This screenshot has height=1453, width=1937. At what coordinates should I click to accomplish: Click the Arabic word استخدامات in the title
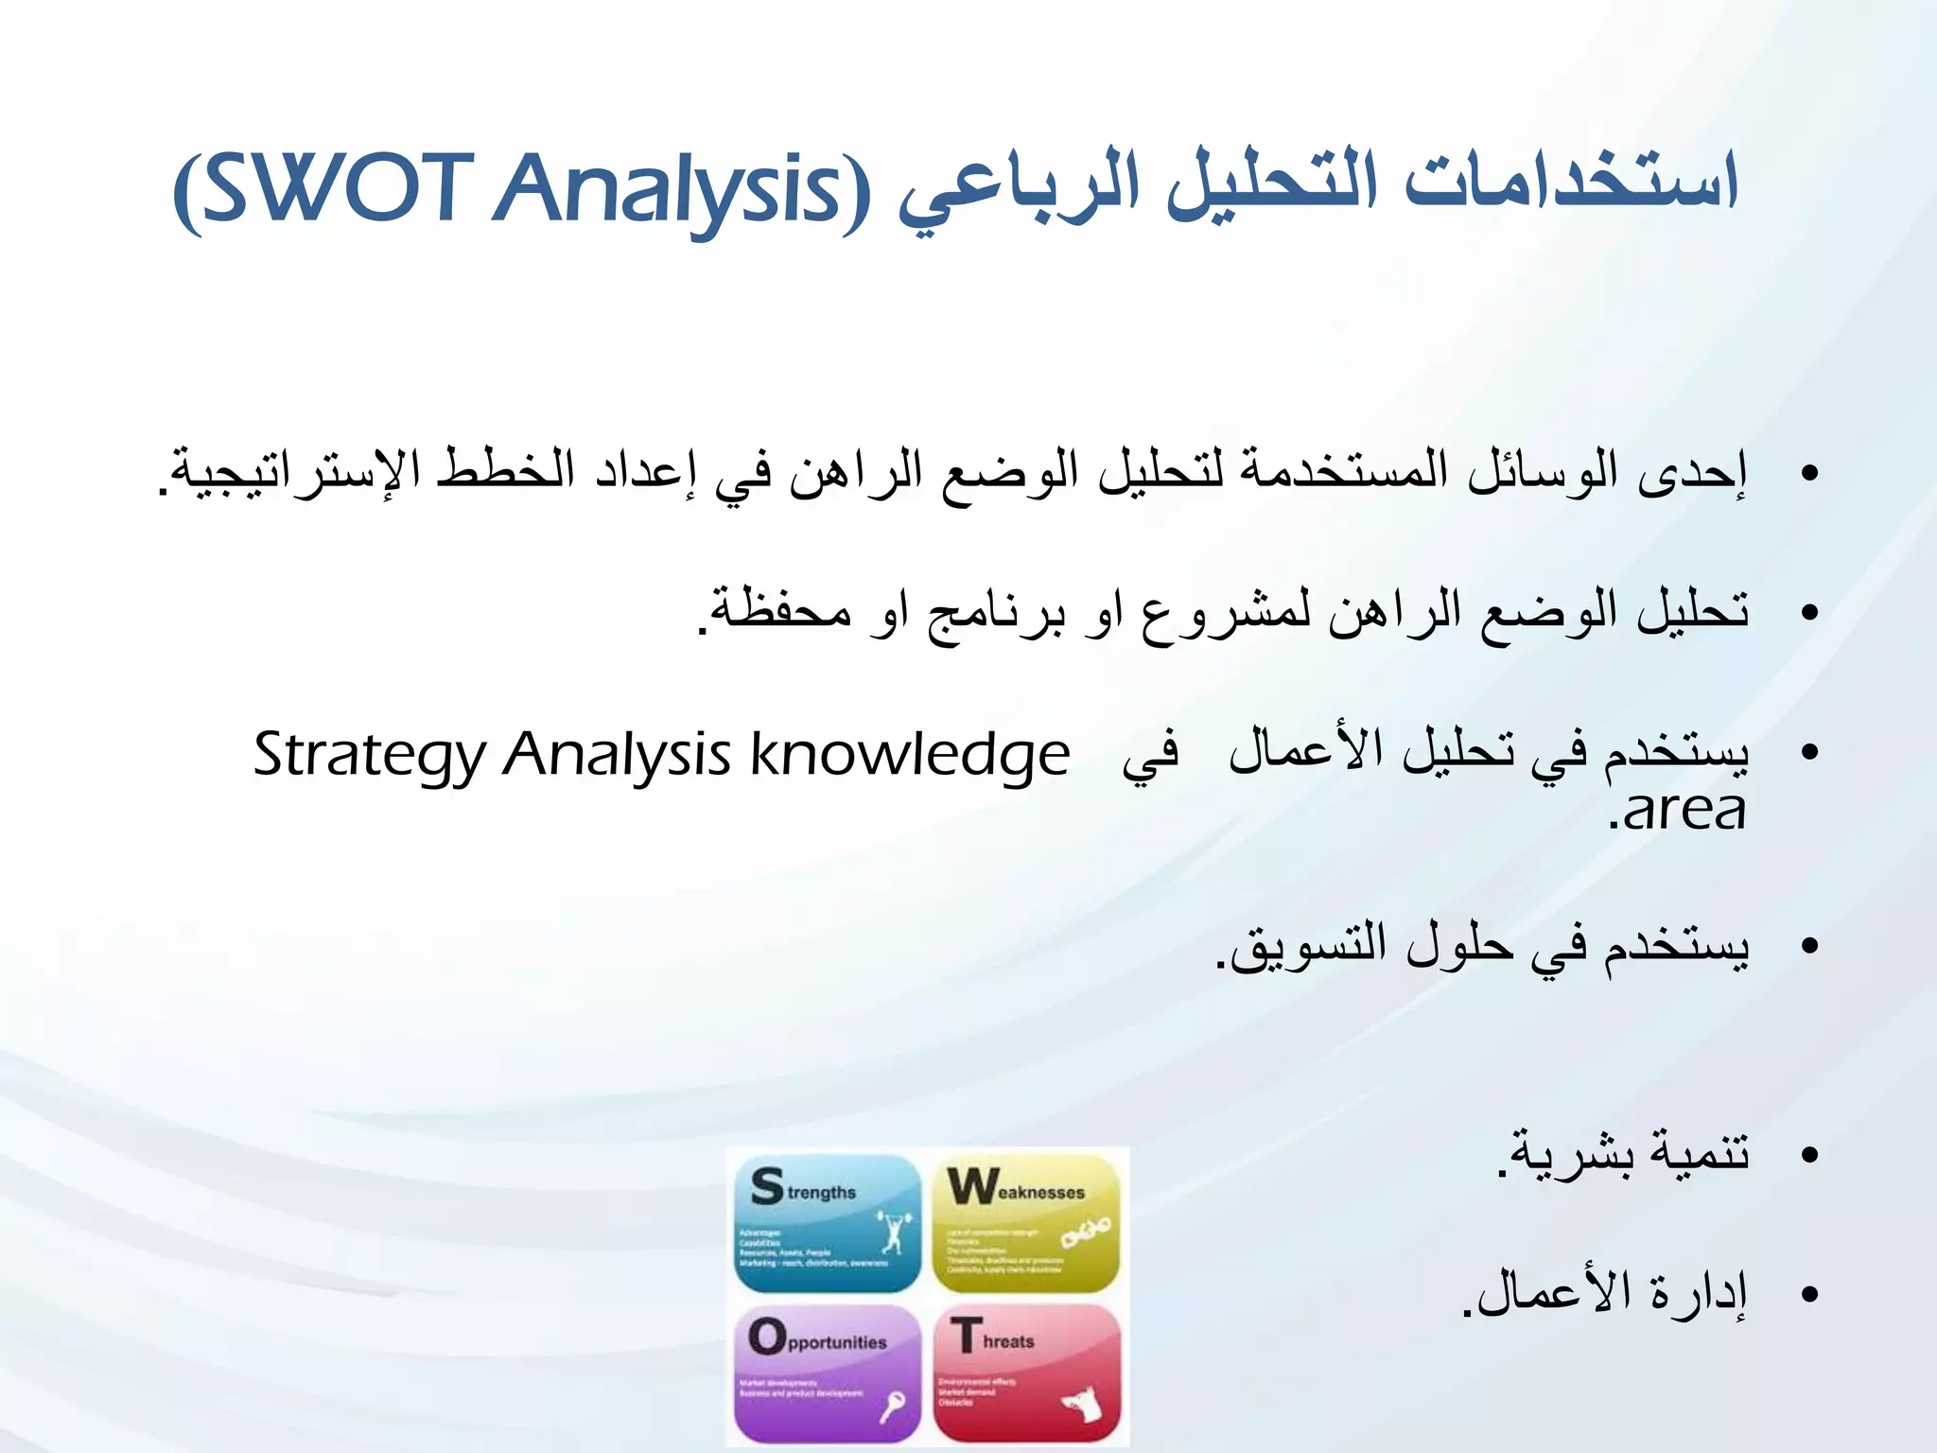1570,184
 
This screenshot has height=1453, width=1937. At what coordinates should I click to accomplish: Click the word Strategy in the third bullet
369,757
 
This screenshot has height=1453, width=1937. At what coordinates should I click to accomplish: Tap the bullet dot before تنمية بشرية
1809,1155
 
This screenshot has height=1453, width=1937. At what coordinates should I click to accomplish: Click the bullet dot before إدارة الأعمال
1809,1295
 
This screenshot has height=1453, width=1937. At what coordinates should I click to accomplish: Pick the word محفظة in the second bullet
780,611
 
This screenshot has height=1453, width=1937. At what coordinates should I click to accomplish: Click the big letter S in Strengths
767,1186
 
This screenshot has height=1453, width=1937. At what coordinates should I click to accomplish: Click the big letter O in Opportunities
767,1337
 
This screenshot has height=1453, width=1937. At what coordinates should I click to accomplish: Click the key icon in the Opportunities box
892,1408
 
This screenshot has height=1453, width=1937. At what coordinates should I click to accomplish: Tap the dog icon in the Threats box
1085,1403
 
